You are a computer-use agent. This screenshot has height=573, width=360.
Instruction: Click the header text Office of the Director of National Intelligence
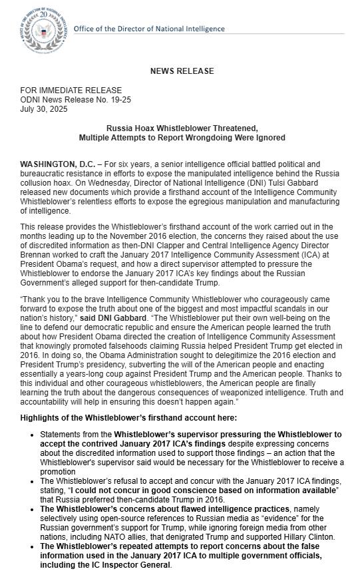[x=148, y=29]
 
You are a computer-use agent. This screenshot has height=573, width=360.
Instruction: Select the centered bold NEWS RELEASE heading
[x=181, y=71]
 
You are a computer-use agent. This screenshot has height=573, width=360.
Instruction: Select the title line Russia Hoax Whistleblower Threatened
[x=182, y=128]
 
